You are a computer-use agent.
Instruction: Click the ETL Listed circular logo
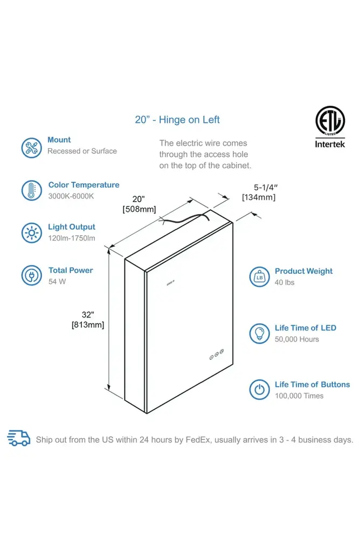[330, 120]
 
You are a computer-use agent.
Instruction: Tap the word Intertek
[330, 144]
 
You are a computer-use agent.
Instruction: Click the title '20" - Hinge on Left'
[177, 120]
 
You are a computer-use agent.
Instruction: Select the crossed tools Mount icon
[31, 148]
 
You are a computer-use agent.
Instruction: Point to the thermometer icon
[31, 190]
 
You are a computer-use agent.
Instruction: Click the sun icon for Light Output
[31, 233]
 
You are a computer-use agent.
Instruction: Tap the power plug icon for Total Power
[31, 275]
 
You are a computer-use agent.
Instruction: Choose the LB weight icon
[259, 277]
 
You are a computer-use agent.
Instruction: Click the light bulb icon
[259, 333]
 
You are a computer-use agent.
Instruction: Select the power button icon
[259, 390]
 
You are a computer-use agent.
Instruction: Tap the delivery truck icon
[19, 438]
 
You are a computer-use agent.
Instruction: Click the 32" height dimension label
[88, 315]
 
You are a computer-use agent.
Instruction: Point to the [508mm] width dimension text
[140, 209]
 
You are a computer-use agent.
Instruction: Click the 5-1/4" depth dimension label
[266, 187]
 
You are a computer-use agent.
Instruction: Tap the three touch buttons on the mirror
[217, 355]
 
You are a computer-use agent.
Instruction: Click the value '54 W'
[57, 281]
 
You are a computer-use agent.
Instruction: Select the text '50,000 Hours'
[297, 340]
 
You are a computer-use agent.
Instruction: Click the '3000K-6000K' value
[71, 196]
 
